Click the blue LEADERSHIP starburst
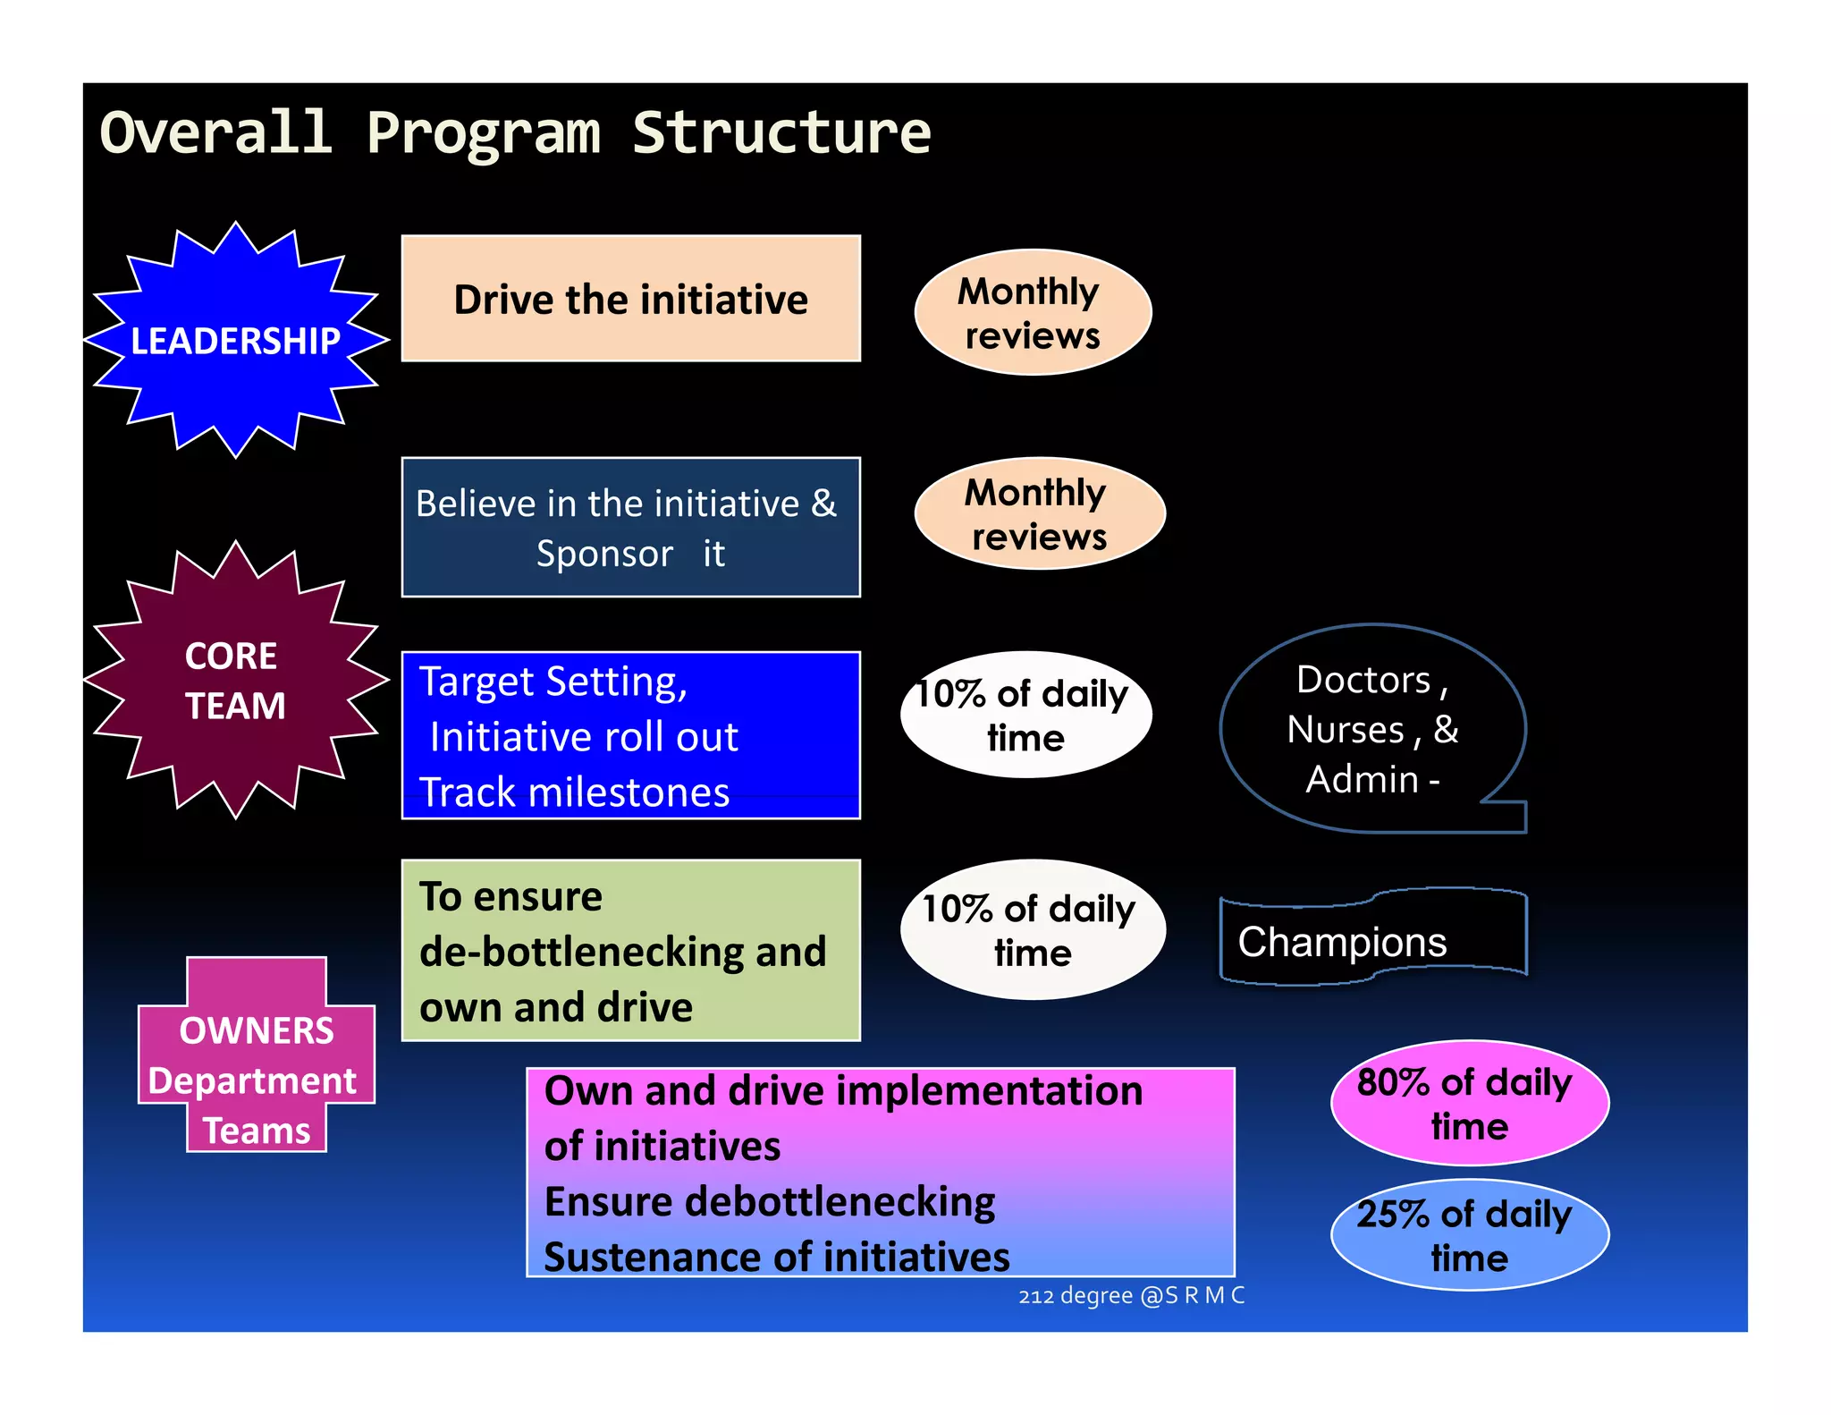[x=236, y=340]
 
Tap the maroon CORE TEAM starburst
[x=236, y=680]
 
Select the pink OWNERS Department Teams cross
[x=256, y=1055]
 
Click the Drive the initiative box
[x=630, y=299]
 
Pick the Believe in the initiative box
[x=630, y=528]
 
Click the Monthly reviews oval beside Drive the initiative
[x=1033, y=312]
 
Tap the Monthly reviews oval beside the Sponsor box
[x=1039, y=513]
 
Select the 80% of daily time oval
[x=1469, y=1103]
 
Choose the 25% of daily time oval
[x=1469, y=1235]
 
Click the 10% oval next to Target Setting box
[x=1025, y=715]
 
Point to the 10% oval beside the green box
[x=1033, y=929]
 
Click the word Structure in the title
[x=781, y=132]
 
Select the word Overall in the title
[x=215, y=132]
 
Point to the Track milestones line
[x=574, y=792]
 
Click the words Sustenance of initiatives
[x=776, y=1257]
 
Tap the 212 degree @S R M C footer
[x=1131, y=1295]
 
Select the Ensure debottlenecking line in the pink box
[x=769, y=1201]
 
